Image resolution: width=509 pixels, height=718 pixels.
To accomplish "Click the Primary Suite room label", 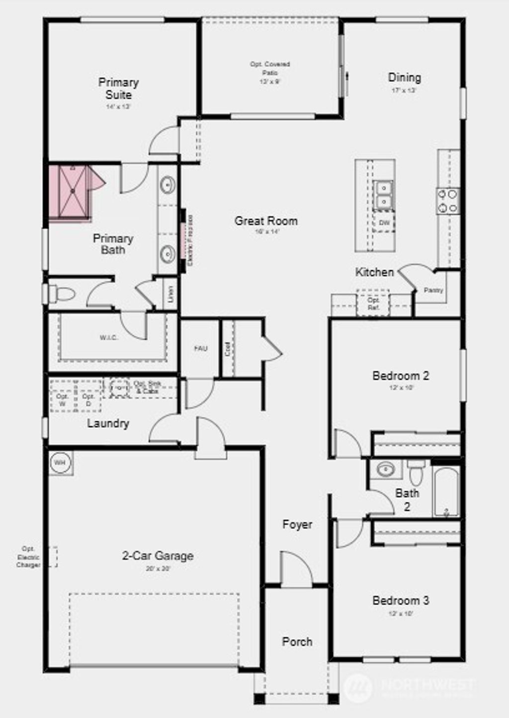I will [x=118, y=89].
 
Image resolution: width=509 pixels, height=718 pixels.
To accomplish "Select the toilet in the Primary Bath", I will [x=63, y=294].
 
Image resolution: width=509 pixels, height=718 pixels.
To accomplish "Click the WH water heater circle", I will [x=60, y=463].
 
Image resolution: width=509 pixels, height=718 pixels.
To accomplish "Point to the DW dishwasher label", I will [x=384, y=223].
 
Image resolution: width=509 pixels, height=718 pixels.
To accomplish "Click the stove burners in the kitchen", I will [x=448, y=201].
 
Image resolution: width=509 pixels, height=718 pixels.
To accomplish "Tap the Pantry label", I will [x=433, y=290].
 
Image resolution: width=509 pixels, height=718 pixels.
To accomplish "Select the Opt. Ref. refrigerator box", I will [x=373, y=304].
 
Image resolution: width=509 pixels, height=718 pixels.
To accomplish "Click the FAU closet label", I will [x=201, y=349].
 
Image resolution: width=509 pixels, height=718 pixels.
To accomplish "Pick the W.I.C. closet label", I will [x=109, y=338].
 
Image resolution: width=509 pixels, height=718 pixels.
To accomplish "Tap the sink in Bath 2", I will [x=385, y=469].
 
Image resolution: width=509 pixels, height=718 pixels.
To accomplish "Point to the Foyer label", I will [x=297, y=524].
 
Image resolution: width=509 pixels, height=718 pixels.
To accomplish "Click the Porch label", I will [x=297, y=642].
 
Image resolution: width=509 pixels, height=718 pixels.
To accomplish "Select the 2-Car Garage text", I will [x=158, y=556].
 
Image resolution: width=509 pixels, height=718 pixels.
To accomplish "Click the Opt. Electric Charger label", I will [x=28, y=557].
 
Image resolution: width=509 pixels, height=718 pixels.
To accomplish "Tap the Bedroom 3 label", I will [x=401, y=601].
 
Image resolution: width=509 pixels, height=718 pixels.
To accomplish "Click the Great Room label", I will [x=266, y=221].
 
